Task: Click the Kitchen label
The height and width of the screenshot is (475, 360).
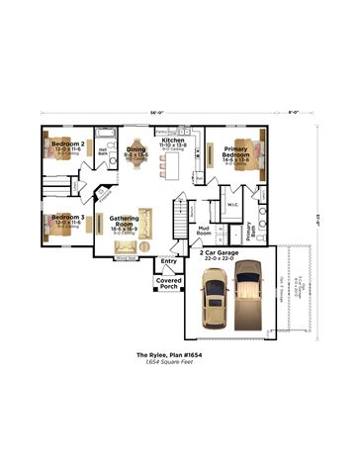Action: (173, 142)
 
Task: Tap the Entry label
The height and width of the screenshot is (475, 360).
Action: (168, 260)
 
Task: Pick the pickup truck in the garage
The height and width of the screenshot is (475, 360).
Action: (247, 293)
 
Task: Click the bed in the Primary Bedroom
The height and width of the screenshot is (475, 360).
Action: (259, 152)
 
